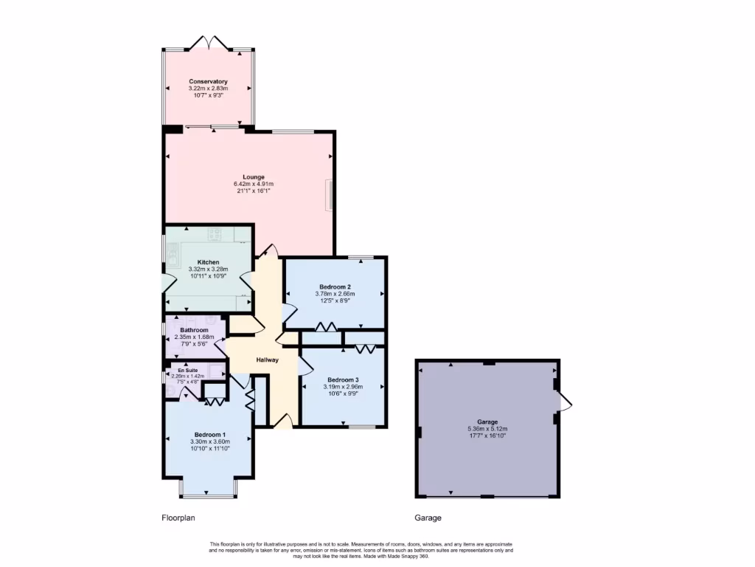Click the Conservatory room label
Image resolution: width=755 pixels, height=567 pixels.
click(208, 81)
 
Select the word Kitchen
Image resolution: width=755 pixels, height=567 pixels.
click(208, 262)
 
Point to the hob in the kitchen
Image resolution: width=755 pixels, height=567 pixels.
click(215, 235)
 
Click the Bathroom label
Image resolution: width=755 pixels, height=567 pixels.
click(194, 330)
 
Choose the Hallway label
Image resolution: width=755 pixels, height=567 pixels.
click(267, 360)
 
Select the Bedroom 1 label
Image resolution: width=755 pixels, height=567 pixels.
click(210, 435)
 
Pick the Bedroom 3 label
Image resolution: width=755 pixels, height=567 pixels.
click(341, 379)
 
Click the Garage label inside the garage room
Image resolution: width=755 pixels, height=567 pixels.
click(487, 422)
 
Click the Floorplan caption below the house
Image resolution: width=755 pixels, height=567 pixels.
click(178, 518)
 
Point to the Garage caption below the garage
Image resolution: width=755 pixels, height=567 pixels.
click(428, 518)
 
